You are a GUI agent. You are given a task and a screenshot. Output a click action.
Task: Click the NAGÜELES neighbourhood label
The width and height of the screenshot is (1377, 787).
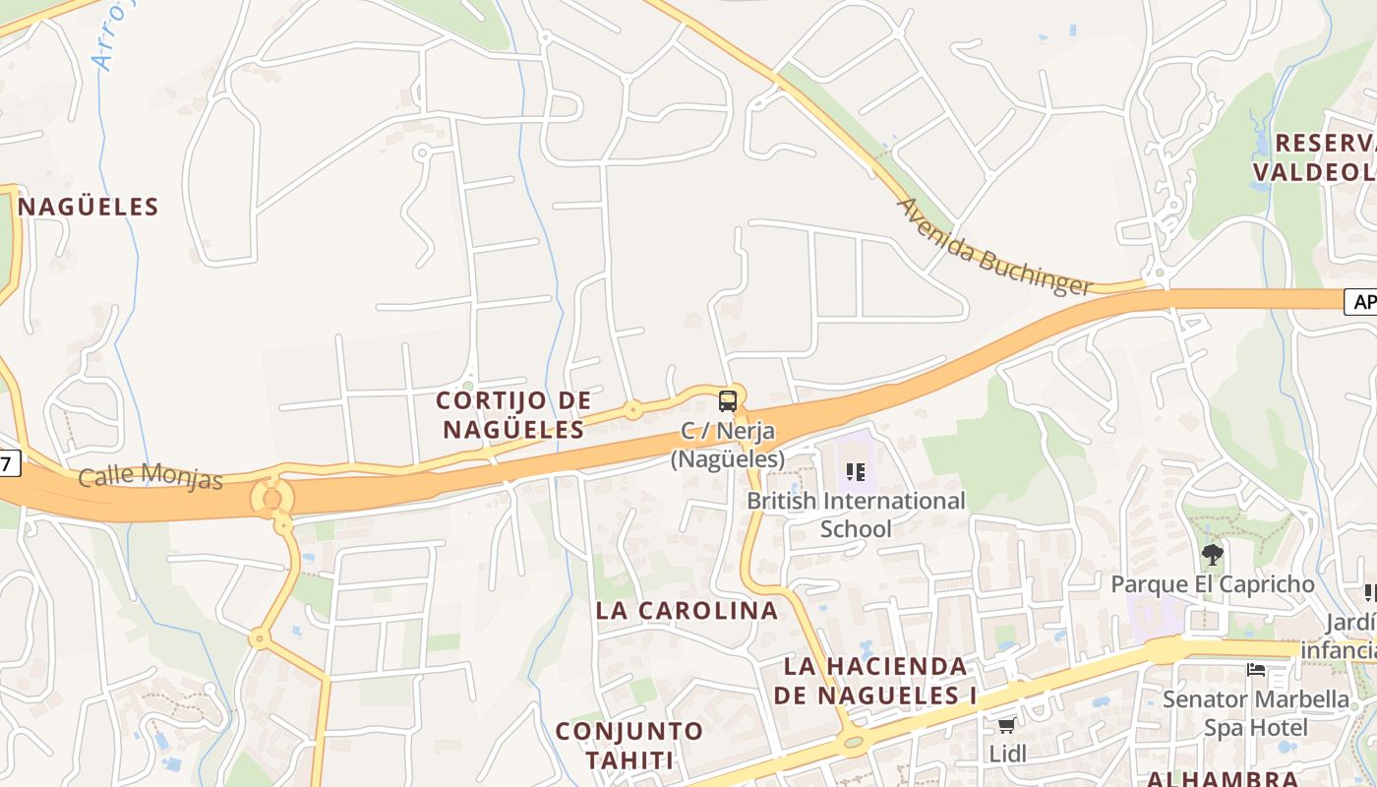(89, 207)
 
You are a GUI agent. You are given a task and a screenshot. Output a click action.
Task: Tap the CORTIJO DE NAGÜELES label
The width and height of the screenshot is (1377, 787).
(513, 415)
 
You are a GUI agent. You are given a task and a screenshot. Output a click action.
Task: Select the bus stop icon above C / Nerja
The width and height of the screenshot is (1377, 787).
(728, 401)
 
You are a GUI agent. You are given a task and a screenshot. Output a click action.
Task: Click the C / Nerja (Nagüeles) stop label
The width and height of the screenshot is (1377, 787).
(728, 445)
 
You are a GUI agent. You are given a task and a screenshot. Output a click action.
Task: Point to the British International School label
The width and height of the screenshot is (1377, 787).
(856, 515)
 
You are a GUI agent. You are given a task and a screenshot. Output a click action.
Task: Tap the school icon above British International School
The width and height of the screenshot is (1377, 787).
(856, 472)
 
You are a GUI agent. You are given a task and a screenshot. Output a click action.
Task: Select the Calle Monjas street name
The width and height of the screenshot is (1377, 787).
(150, 476)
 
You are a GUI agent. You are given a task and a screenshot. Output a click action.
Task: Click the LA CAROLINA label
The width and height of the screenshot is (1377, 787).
(687, 610)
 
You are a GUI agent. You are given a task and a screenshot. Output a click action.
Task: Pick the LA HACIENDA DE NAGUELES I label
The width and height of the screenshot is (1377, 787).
(875, 681)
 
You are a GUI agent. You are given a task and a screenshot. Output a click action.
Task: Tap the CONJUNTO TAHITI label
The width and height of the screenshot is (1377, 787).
(629, 745)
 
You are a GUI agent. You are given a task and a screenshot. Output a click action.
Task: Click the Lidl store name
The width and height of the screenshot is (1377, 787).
(1007, 754)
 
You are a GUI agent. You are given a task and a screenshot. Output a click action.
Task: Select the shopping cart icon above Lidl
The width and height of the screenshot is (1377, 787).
(1006, 726)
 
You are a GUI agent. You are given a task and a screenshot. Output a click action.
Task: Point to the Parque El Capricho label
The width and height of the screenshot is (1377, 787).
(1212, 584)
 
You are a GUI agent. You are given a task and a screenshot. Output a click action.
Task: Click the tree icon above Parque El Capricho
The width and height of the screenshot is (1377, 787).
(1213, 555)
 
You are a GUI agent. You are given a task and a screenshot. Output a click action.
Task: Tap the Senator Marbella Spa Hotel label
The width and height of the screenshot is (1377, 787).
(1256, 713)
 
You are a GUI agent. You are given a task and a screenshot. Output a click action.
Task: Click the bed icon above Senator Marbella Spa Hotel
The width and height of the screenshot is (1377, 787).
(1256, 670)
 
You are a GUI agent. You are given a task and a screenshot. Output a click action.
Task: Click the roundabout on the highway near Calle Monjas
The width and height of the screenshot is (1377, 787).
(272, 498)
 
